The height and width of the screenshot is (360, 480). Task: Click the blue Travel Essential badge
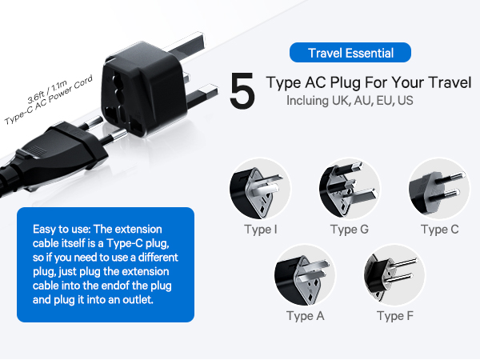pyautogui.click(x=350, y=54)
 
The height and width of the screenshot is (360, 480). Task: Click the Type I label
pyautogui.click(x=263, y=230)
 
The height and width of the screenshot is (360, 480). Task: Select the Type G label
pyautogui.click(x=350, y=230)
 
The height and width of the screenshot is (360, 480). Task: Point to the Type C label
pyautogui.click(x=439, y=230)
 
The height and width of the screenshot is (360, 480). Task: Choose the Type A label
pyautogui.click(x=306, y=316)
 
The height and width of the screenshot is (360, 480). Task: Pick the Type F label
pyautogui.click(x=395, y=316)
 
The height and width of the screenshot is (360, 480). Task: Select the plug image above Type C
pyautogui.click(x=437, y=190)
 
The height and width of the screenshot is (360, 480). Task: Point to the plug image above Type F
pyautogui.click(x=393, y=276)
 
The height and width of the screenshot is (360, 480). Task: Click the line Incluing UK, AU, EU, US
pyautogui.click(x=349, y=102)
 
